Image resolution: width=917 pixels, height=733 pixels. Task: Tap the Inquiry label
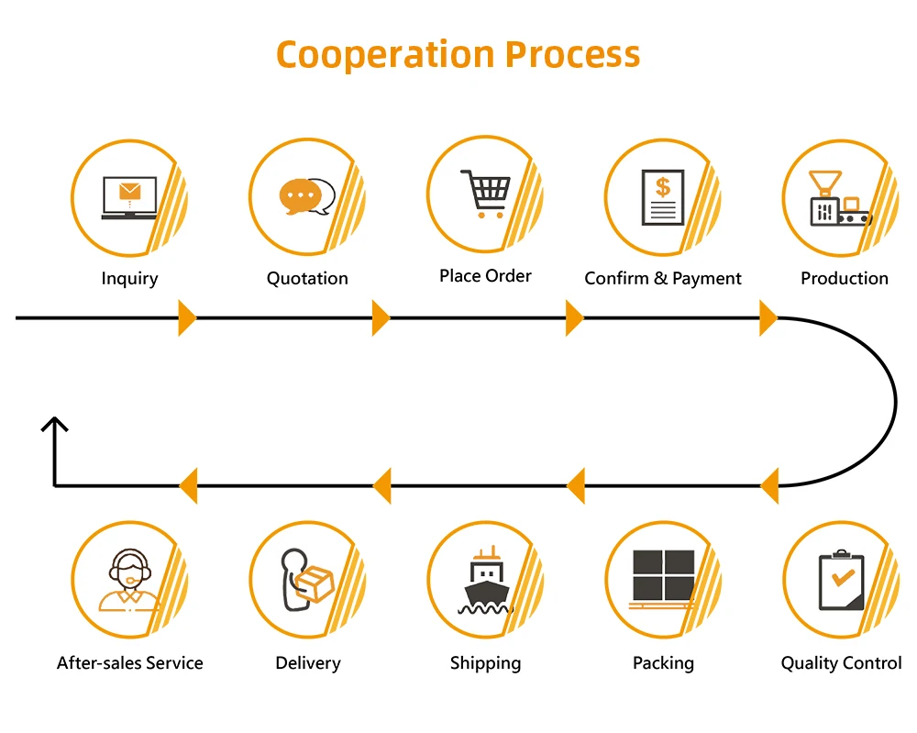129,279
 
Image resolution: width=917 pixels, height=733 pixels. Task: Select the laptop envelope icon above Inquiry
128,197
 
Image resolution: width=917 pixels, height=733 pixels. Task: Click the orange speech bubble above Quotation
300,195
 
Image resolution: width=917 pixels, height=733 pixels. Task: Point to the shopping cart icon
486,192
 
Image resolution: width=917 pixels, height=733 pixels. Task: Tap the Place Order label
485,276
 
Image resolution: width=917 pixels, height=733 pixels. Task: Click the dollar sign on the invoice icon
662,187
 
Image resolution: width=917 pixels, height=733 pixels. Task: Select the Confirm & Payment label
663,279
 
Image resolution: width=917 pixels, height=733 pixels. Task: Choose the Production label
845,279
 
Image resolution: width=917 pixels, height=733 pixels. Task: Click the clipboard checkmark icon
841,581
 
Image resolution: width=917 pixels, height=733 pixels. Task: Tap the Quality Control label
841,663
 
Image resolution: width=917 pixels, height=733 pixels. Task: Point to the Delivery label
308,663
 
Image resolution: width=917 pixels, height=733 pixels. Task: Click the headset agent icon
129,580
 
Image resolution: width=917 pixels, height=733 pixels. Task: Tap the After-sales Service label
130,663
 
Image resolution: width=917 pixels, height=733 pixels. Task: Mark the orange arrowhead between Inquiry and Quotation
187,318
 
